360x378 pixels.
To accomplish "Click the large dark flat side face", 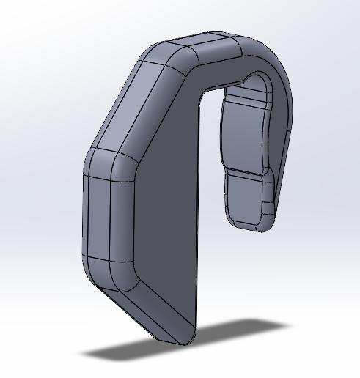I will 165,220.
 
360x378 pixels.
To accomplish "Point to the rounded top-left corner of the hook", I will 163,55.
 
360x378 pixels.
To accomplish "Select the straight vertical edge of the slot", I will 198,220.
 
